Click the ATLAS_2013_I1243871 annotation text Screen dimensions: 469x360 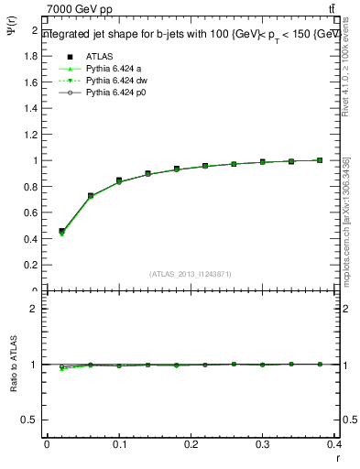191,274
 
